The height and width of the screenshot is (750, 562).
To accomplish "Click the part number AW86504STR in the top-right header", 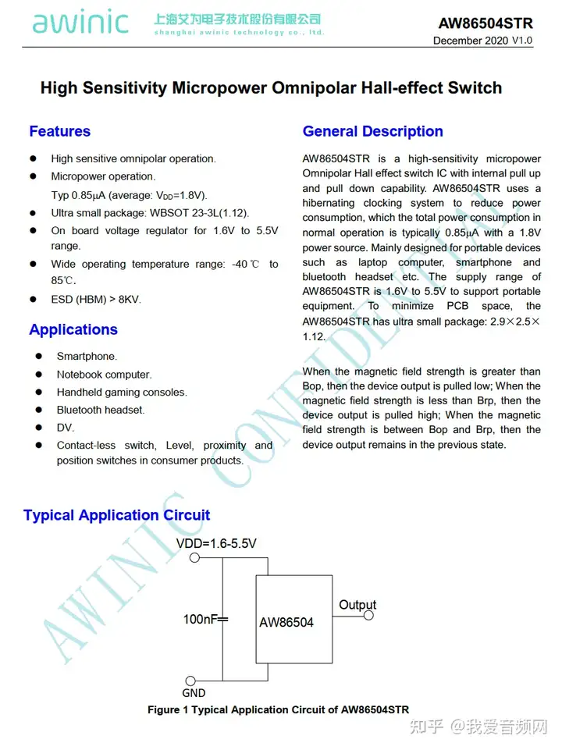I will pyautogui.click(x=485, y=23).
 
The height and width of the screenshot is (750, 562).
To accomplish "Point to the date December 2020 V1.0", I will pyautogui.click(x=482, y=41).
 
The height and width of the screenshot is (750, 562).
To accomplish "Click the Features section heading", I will pyautogui.click(x=59, y=131).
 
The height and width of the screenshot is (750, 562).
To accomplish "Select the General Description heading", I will pyautogui.click(x=372, y=131).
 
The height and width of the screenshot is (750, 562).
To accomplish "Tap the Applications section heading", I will pyautogui.click(x=73, y=329).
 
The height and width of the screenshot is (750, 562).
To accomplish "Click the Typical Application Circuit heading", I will pyautogui.click(x=117, y=515).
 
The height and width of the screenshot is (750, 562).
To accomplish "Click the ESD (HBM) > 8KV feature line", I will pyautogui.click(x=96, y=299).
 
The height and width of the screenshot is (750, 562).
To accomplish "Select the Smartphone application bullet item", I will pyautogui.click(x=87, y=357).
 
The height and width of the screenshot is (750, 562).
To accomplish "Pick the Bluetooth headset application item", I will pyautogui.click(x=101, y=410).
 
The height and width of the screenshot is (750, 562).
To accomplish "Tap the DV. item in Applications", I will pyautogui.click(x=66, y=428).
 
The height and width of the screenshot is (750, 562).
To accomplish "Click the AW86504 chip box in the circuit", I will pyautogui.click(x=295, y=620).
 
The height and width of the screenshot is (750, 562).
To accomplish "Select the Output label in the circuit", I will pyautogui.click(x=357, y=605).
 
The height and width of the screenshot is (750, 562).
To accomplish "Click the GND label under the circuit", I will pyautogui.click(x=194, y=692).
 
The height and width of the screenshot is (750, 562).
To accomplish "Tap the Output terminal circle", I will pyautogui.click(x=369, y=616).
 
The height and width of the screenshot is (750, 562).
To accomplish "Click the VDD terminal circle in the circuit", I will pyautogui.click(x=195, y=557).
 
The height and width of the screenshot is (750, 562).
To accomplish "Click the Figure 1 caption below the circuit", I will pyautogui.click(x=278, y=709).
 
